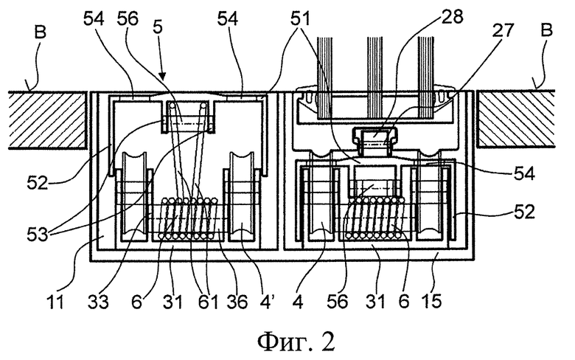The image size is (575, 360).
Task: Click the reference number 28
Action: [x=453, y=16]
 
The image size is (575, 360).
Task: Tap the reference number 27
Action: [x=503, y=30]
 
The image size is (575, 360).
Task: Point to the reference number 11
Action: [x=56, y=302]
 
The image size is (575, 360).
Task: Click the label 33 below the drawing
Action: [x=98, y=302]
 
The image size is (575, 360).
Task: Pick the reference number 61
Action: [x=208, y=302]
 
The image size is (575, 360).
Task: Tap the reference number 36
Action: [x=237, y=302]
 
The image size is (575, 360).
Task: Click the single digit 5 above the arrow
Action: [x=158, y=27]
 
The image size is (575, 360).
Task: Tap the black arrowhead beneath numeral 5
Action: [x=163, y=77]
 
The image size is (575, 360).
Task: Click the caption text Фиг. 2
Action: [x=296, y=342]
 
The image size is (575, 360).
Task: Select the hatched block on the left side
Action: [x=48, y=120]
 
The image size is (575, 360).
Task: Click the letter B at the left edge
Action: [x=41, y=32]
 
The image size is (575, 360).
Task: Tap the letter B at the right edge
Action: [x=546, y=30]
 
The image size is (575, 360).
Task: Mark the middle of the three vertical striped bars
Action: [x=375, y=77]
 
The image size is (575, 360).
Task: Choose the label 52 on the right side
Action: [x=524, y=212]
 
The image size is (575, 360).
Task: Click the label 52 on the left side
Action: [x=38, y=182]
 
